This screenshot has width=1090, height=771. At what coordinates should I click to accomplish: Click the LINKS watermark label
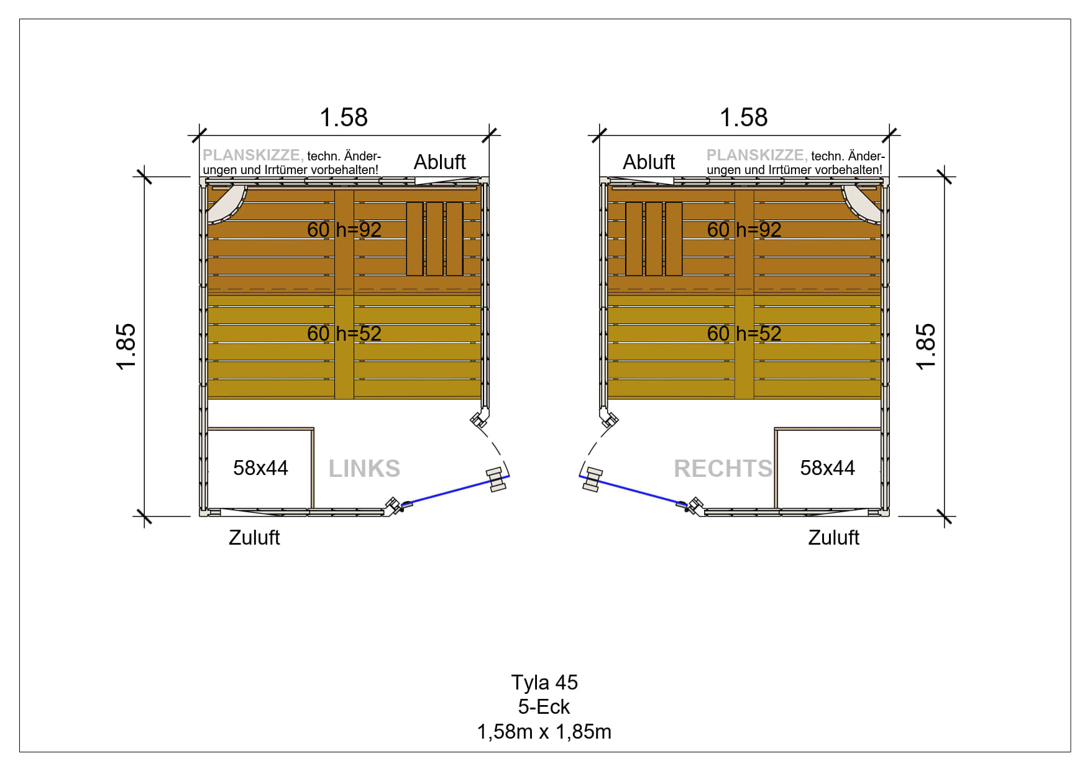364,469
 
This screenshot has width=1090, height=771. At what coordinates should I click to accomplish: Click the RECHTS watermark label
723,469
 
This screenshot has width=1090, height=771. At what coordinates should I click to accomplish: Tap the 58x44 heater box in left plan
260,468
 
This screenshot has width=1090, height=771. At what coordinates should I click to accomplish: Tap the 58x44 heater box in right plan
828,468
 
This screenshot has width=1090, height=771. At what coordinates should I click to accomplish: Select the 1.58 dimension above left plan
344,118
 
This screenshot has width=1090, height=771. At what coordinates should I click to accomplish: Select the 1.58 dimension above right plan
744,118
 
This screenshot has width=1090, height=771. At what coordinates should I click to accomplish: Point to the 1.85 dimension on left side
126,346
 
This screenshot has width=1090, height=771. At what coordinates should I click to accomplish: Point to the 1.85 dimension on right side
926,346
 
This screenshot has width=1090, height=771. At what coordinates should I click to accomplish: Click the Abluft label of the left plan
440,162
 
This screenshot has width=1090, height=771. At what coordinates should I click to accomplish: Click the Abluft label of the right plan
649,162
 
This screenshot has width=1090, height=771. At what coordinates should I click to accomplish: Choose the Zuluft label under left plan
254,537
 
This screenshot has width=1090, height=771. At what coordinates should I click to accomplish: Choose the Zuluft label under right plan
833,537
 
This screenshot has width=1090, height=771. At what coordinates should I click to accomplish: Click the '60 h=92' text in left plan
344,229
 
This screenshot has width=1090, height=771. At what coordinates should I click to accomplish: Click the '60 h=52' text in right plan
744,333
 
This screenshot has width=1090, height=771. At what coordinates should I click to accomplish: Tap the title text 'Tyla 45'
544,682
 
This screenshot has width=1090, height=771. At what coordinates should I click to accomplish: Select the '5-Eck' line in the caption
544,707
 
